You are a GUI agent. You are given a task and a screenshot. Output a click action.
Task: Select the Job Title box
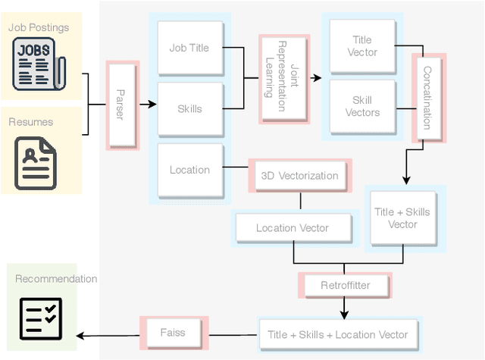tap(189, 49)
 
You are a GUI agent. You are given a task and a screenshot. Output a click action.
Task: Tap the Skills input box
tap(189, 109)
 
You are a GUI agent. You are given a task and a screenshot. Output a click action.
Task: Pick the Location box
tap(189, 170)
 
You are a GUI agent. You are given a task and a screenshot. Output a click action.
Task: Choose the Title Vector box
tap(363, 47)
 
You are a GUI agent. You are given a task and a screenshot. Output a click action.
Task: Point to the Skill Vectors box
tap(363, 106)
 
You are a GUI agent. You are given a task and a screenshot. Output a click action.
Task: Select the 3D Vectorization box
tap(299, 176)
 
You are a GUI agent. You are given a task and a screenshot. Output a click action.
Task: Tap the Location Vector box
tap(292, 228)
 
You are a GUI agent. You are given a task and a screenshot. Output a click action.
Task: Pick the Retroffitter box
tap(345, 286)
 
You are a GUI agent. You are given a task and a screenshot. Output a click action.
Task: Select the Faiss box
tap(172, 332)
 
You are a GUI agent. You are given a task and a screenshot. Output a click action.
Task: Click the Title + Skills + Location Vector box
tap(337, 334)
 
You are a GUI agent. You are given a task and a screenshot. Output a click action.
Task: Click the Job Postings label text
tap(39, 27)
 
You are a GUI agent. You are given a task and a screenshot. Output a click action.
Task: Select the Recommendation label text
tap(56, 279)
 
